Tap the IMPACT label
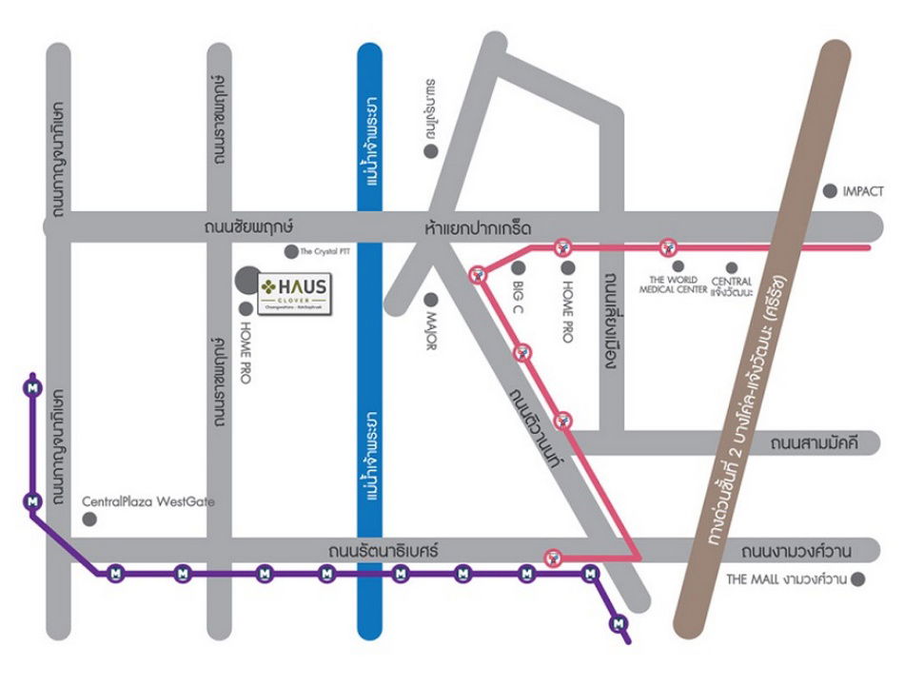pos(863,191)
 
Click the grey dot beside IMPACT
pos(831,191)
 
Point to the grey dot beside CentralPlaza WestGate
pos(89,519)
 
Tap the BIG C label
pos(519,299)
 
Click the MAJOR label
pos(430,331)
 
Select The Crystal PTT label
pos(325,252)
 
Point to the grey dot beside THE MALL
pos(858,578)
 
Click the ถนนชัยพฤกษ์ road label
pos(247,228)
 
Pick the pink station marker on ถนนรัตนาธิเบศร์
pos(551,556)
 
